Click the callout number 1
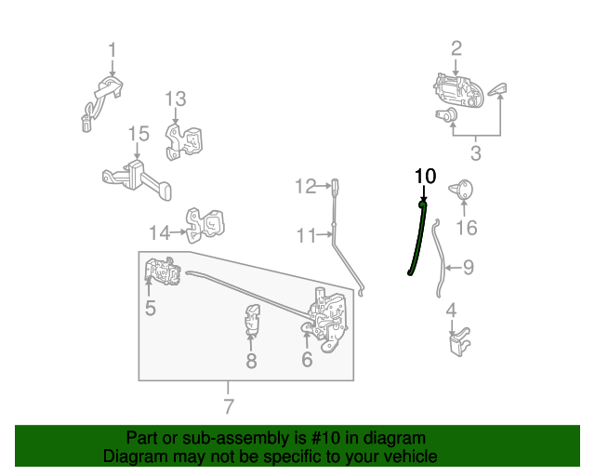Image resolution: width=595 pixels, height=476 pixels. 112,49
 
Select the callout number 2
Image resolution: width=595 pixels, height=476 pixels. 456,48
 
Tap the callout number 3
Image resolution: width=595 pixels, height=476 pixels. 475,152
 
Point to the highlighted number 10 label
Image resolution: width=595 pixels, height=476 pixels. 424,176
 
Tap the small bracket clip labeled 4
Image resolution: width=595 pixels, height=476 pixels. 458,343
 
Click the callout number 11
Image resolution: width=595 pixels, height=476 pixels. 307,236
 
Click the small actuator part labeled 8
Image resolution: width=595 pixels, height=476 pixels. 251,319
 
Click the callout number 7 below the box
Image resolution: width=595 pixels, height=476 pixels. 229,406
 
